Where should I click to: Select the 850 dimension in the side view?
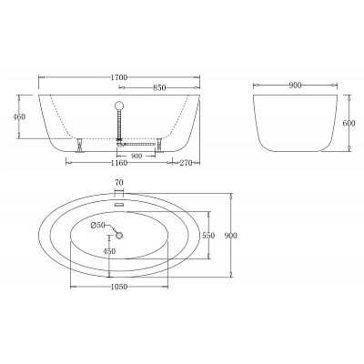click(x=160, y=88)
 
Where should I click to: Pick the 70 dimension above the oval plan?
click(x=119, y=183)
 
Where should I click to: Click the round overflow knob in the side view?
click(x=118, y=107)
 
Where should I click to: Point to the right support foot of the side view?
click(x=158, y=144)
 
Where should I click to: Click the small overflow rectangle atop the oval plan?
click(x=119, y=194)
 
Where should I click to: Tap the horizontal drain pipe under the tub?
click(x=138, y=143)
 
